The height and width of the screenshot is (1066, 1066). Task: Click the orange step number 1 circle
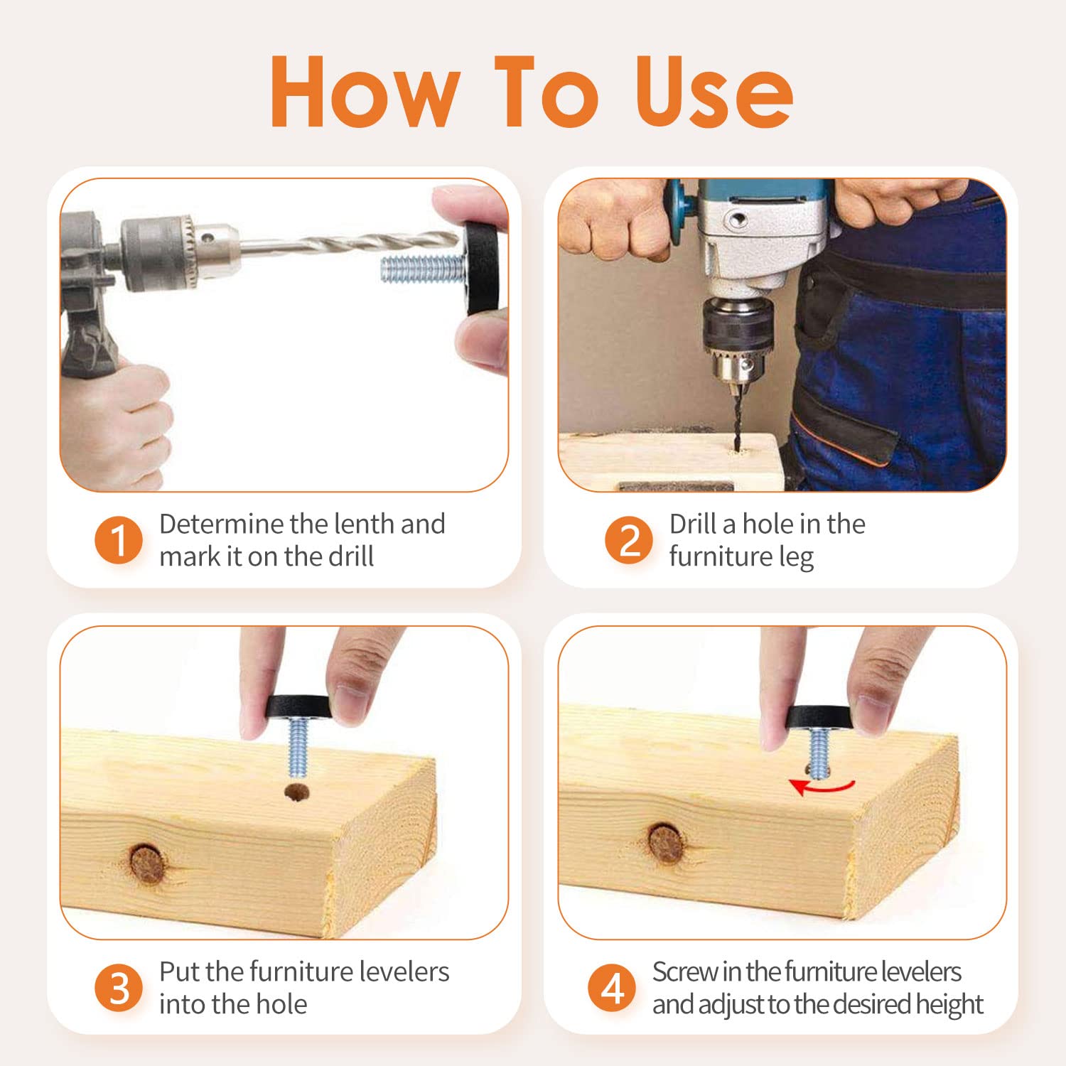click(119, 540)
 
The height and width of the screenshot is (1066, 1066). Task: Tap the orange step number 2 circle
click(629, 540)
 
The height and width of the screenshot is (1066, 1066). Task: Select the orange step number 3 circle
click(119, 988)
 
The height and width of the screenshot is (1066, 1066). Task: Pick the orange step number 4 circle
click(612, 988)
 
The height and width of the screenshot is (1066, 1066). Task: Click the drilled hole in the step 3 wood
click(297, 792)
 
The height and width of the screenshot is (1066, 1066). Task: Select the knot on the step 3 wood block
click(146, 863)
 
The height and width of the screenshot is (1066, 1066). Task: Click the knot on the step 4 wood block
click(666, 843)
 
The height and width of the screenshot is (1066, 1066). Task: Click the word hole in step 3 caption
click(281, 1004)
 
